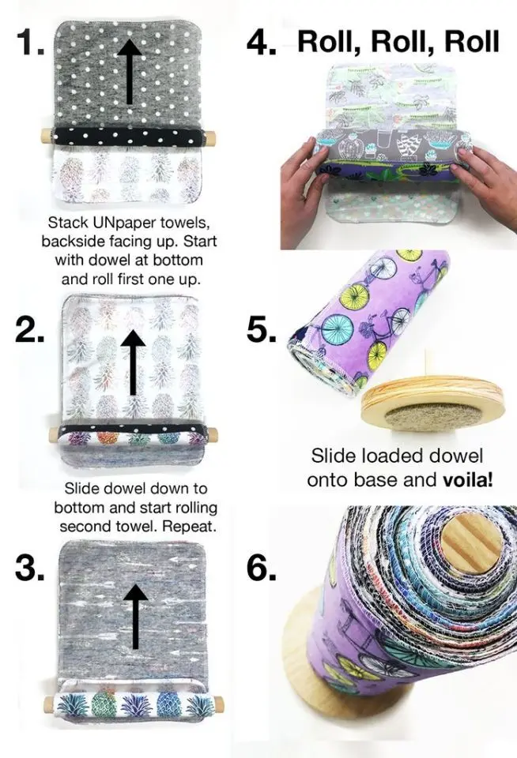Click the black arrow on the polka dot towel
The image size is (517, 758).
[131, 71]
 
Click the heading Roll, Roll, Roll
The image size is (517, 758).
[398, 41]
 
